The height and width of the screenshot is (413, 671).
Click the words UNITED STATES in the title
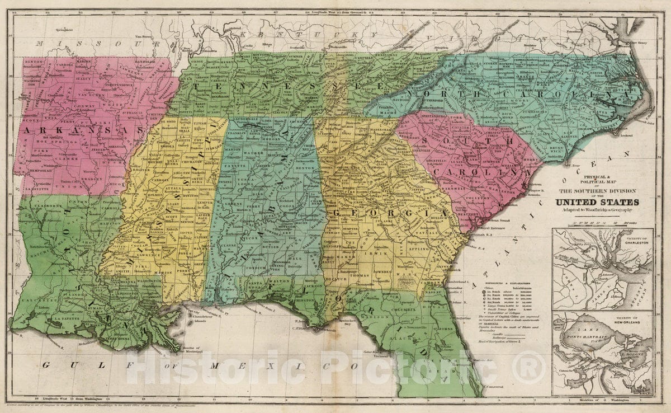(x=597, y=201)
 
